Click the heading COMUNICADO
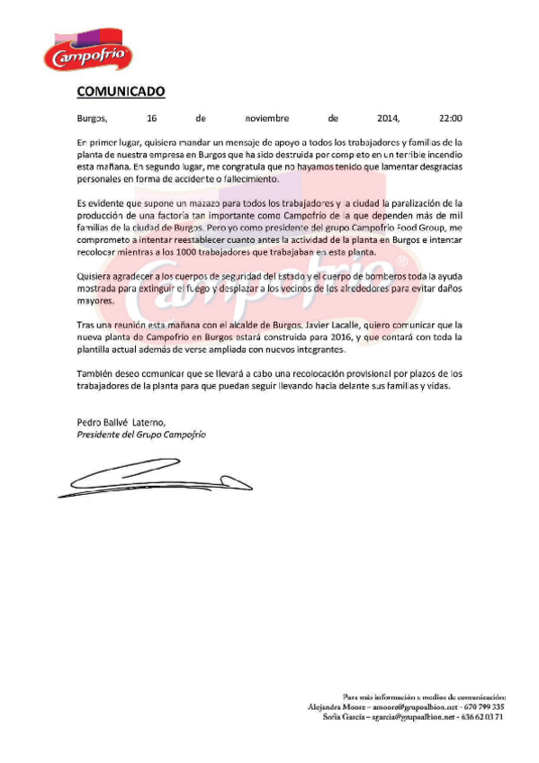coord(120,91)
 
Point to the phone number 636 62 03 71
coord(482,717)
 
